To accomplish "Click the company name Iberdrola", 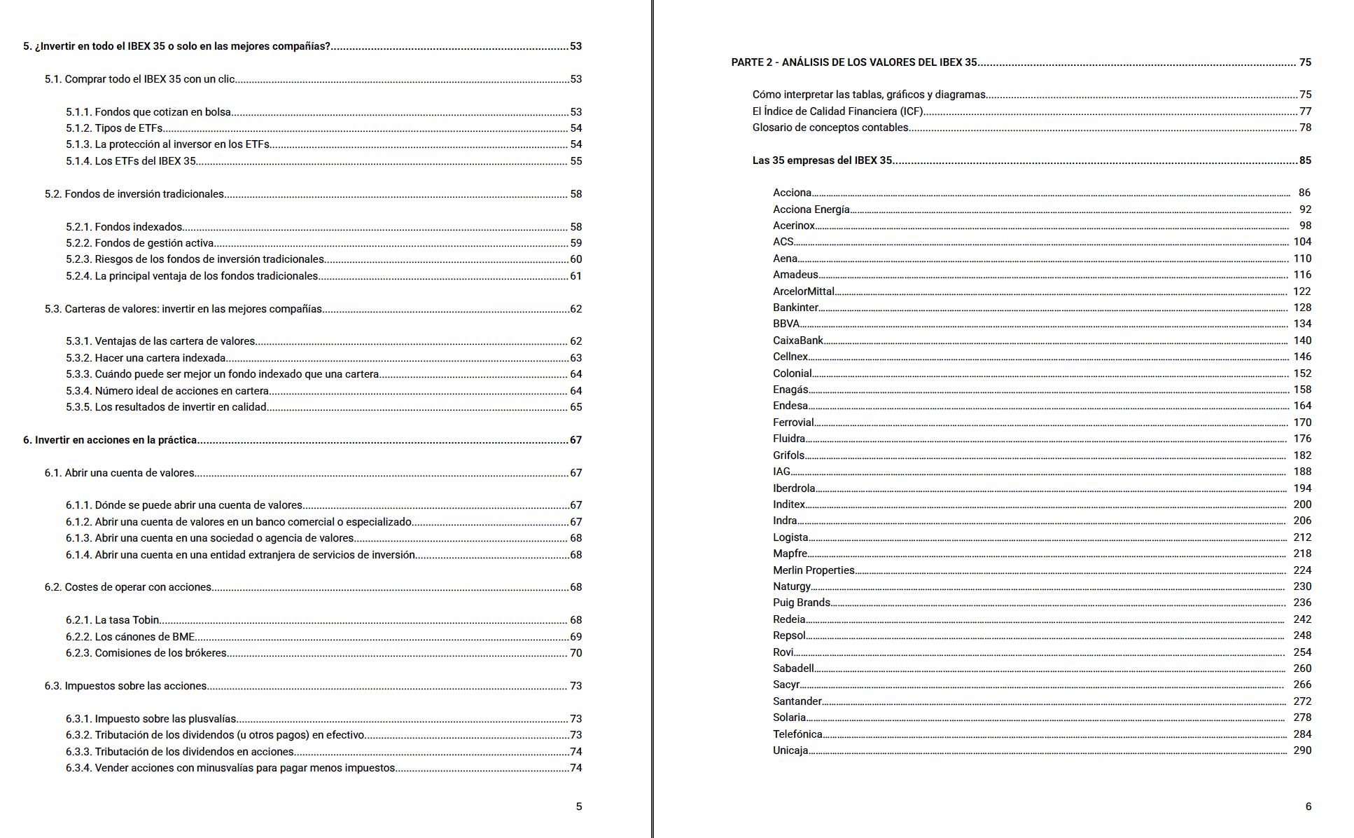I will coord(793,488).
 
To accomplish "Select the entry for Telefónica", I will coord(797,734).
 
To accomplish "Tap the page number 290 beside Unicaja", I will coord(1302,750).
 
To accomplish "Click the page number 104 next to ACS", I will coord(1302,242).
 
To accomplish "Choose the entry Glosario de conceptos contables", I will coord(830,128).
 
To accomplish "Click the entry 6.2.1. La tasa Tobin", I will coord(113,620).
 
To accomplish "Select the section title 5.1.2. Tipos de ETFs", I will coord(114,128).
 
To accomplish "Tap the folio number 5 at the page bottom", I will coord(579,806).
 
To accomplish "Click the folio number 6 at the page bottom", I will coord(1308,806).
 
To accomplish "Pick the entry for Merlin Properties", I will coord(814,570).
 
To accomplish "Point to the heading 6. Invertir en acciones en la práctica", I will coord(110,440).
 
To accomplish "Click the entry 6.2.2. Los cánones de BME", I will coord(130,637).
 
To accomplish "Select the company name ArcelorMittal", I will coord(803,291).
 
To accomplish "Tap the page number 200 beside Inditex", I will coord(1302,504).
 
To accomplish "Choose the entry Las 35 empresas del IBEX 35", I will coord(822,160).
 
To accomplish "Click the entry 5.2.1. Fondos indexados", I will coord(124,227).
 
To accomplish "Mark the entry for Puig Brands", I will coord(802,603).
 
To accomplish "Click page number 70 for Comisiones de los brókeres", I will coord(575,653).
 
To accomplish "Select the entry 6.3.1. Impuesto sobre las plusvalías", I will coord(151,719).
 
